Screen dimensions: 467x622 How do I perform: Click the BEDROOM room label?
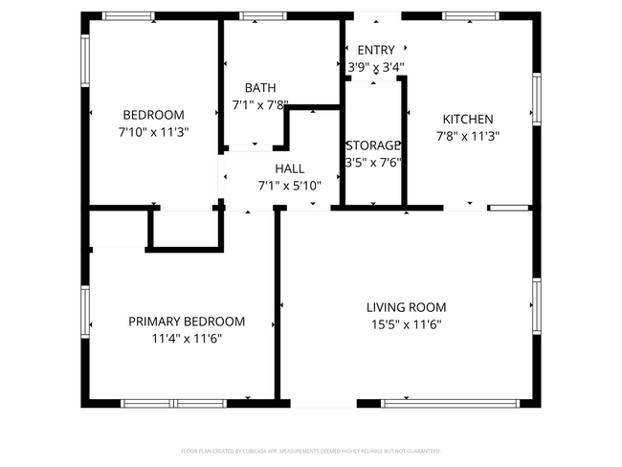point(153,115)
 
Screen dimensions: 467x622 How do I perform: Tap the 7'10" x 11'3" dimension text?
point(153,132)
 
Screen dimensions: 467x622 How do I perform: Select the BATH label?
point(260,87)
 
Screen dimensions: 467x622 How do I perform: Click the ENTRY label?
point(375,51)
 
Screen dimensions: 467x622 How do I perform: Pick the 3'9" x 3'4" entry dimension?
point(375,67)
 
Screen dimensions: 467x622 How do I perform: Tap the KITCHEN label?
point(468,119)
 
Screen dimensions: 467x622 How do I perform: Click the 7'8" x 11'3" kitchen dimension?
point(468,135)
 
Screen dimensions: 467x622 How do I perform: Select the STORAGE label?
point(372,145)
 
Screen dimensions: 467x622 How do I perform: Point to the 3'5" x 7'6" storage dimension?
point(372,162)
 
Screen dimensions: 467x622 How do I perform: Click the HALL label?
point(289,168)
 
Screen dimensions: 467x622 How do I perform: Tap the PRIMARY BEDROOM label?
point(187,322)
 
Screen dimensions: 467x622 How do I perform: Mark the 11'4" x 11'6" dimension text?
point(187,338)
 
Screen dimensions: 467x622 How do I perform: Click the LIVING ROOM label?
point(407,307)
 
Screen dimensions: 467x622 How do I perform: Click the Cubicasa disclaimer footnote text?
point(311,450)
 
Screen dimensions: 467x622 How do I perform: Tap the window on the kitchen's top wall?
point(470,15)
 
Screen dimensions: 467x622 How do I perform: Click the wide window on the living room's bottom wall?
point(450,403)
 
